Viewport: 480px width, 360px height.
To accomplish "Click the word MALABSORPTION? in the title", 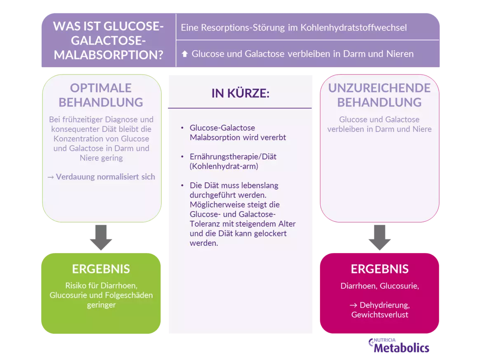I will pos(108,55).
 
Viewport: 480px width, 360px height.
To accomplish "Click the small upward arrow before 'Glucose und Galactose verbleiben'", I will pos(184,54).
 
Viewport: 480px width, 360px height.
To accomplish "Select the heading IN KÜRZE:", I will pos(240,94).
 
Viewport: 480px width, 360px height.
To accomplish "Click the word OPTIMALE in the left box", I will pos(101,88).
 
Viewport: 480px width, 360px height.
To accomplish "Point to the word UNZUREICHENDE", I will pos(379,88).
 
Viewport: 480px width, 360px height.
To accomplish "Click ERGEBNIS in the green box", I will pos(101,269).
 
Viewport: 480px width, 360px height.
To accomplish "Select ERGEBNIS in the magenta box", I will pos(379,269).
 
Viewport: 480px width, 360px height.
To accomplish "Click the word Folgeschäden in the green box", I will pos(132,295).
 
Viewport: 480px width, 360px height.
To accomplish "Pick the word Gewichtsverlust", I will pos(379,315).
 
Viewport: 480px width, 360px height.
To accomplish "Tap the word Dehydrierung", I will pos(384,305).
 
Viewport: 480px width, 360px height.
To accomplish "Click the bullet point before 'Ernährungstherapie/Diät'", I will pos(183,157).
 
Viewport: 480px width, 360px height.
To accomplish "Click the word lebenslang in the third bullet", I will pos(261,186).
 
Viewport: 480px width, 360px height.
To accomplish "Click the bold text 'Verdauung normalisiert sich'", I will pos(105,176).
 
